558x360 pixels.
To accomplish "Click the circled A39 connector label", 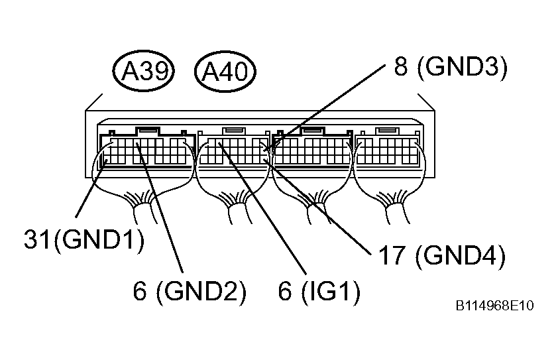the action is [x=143, y=71].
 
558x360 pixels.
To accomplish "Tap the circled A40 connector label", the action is [x=225, y=71].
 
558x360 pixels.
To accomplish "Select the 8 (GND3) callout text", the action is [x=451, y=66].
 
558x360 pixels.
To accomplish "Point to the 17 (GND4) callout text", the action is [x=441, y=255].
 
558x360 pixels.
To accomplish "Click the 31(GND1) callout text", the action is [x=84, y=239].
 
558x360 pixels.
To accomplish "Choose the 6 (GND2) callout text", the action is [x=190, y=291].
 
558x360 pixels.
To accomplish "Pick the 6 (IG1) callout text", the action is [x=319, y=291].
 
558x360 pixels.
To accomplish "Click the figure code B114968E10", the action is [x=494, y=306].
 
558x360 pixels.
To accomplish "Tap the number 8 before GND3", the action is [x=401, y=66].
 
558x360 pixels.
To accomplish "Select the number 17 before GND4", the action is [x=392, y=255].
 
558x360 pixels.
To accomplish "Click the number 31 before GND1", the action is [x=37, y=239].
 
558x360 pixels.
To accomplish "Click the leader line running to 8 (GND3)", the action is [x=325, y=107].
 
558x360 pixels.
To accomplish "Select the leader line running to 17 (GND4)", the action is [x=317, y=207].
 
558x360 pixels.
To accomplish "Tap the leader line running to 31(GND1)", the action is [x=91, y=189].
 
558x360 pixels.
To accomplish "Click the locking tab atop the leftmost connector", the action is [x=148, y=131].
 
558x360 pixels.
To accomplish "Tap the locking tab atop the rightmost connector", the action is [x=388, y=131].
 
